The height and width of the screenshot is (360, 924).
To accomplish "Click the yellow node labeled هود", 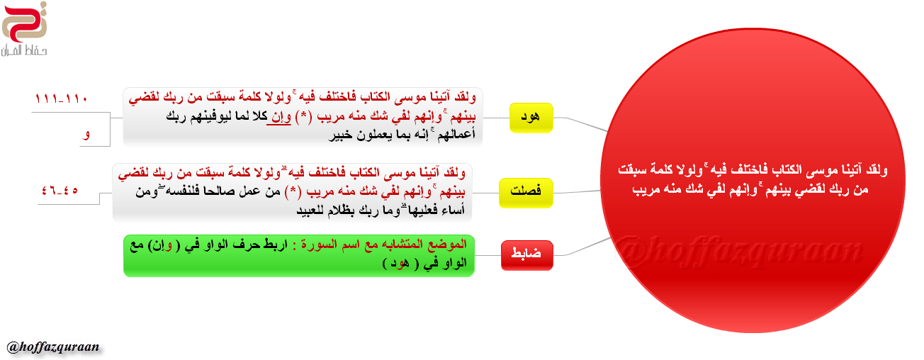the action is pos(531,118).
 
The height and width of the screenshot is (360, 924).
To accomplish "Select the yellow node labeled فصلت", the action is pos(526,193).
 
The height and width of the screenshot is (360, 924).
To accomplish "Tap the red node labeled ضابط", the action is pos(526,255).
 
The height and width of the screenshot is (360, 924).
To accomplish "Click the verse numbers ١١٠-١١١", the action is pos(61,99).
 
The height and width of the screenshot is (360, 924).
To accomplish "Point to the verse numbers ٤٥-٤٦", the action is pos(60,191).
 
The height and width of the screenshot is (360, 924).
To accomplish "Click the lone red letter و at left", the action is pos(86,135).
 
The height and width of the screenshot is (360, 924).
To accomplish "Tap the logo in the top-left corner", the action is pos(24,29).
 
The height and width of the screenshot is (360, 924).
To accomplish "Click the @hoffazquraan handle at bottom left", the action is pos(53,347).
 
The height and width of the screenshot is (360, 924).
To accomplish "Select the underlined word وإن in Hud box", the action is pos(281,117).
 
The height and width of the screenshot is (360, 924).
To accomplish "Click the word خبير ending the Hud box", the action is pos(340,135).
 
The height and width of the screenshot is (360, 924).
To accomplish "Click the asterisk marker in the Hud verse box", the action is pos(305,117).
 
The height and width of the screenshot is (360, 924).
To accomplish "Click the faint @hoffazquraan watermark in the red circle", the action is pos(738,249).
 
